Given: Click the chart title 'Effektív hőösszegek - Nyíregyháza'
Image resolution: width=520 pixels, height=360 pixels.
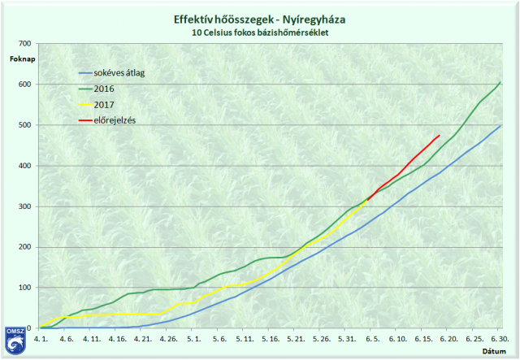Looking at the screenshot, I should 259,19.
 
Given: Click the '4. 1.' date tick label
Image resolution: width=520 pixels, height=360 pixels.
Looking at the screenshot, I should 41,337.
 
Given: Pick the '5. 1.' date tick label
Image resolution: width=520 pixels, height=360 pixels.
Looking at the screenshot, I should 193,337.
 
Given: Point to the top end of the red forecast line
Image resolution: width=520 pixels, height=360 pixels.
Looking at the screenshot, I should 440,136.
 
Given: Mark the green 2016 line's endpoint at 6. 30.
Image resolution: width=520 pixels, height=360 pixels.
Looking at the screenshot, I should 500,82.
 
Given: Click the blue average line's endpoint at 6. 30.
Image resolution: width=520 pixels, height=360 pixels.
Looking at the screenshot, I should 500,126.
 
